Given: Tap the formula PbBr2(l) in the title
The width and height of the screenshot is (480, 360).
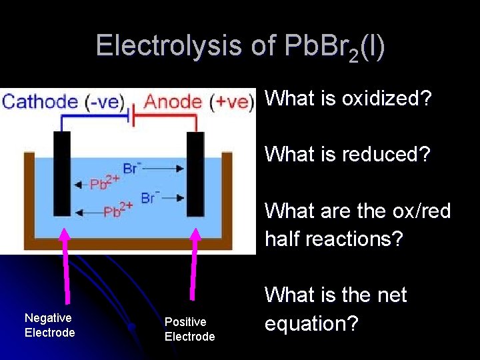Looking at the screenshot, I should [x=334, y=47].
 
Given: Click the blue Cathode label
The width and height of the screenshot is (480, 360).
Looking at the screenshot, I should [x=40, y=102].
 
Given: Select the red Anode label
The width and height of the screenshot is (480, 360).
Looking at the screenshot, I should [x=173, y=102].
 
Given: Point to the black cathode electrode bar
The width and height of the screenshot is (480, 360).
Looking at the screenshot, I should [x=61, y=173].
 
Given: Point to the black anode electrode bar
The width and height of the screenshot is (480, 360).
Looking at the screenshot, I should [x=195, y=173].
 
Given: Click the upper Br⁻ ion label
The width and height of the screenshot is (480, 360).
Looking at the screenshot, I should [x=132, y=168].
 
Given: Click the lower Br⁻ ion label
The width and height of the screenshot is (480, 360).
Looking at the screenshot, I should [x=149, y=198].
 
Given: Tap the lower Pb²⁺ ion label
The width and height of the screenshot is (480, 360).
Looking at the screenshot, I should [x=116, y=212].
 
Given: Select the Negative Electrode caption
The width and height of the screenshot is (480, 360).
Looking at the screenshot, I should [x=49, y=325].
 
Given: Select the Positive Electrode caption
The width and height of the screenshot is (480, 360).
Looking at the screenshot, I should [x=189, y=329].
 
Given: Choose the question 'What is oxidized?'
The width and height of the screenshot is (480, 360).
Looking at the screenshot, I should [x=349, y=99].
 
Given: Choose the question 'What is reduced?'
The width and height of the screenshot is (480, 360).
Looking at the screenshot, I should [x=347, y=154].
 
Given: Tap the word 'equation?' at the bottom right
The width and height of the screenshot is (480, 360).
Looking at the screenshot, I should [x=312, y=323].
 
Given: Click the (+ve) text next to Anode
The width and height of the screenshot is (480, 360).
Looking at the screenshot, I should [x=231, y=102].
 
